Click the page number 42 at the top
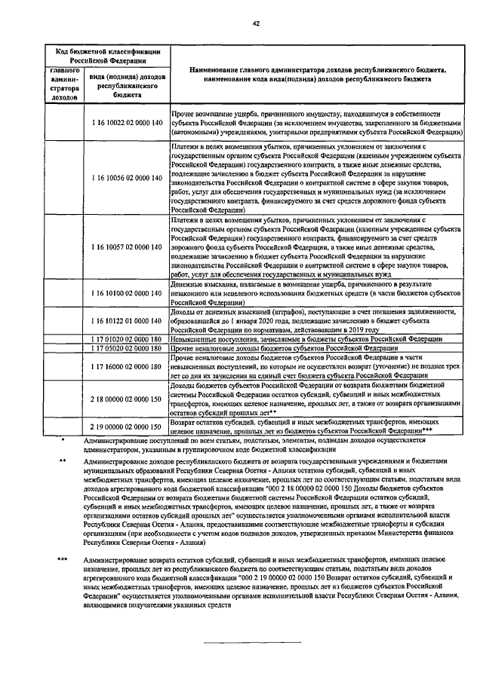point(256,23)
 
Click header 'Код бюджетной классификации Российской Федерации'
point(110,57)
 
